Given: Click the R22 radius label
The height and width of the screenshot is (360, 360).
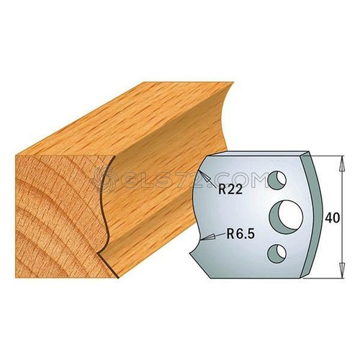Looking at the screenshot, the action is click(x=230, y=190).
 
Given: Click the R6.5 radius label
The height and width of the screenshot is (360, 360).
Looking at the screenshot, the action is click(x=237, y=234).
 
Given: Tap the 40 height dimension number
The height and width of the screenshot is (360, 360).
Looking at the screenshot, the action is click(x=333, y=218).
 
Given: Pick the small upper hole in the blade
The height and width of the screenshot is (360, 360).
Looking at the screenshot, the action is click(x=276, y=180).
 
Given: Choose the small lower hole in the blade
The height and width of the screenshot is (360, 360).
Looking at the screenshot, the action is click(x=276, y=253).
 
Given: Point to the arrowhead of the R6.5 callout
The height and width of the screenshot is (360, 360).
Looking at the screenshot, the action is click(x=202, y=238).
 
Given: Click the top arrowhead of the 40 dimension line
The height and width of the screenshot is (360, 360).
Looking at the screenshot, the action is click(x=343, y=163).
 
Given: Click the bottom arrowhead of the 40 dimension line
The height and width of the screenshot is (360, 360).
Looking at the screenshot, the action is click(x=343, y=271).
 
